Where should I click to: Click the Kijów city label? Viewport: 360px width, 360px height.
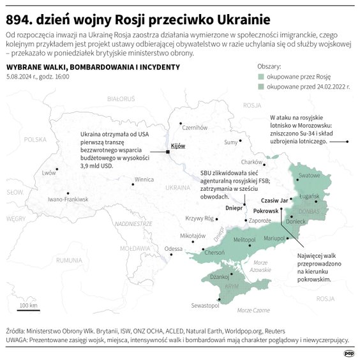point(177,146)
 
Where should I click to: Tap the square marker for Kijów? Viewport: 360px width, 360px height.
point(168,152)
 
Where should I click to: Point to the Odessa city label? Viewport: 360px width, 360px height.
point(173,249)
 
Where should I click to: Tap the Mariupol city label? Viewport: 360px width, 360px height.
point(273,238)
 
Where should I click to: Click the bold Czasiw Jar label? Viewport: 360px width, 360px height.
point(276,200)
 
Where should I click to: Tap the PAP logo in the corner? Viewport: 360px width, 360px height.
point(349,350)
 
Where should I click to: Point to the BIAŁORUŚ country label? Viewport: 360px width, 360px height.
point(122,100)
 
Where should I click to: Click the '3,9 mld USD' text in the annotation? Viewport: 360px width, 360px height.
point(96,165)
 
